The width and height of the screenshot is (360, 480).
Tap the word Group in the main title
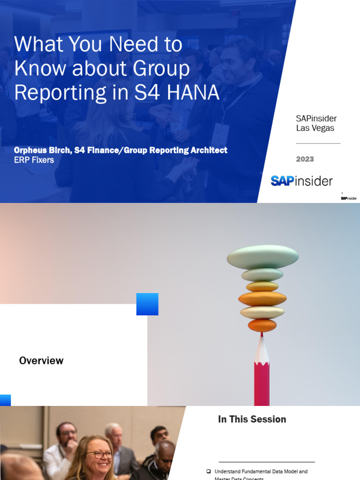click(x=162, y=68)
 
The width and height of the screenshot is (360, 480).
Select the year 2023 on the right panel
click(x=305, y=159)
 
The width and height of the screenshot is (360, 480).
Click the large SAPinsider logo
click(x=301, y=181)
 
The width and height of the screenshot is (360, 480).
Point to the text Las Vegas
click(x=315, y=128)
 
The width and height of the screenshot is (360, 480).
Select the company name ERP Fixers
click(x=34, y=160)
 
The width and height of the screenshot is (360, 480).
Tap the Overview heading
click(x=41, y=360)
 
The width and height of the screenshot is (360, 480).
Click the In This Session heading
click(x=252, y=419)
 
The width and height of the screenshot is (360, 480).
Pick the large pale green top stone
click(x=262, y=257)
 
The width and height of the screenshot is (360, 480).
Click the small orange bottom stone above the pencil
click(x=262, y=325)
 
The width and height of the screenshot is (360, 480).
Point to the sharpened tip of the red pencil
click(x=262, y=335)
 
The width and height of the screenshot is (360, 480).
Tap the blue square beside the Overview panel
click(x=147, y=304)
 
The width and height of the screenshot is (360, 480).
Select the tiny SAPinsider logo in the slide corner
click(x=348, y=198)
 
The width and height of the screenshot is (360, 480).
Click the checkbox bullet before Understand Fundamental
click(x=209, y=471)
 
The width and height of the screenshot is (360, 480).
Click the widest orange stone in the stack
click(x=262, y=299)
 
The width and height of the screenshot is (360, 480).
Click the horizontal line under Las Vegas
click(x=318, y=143)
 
